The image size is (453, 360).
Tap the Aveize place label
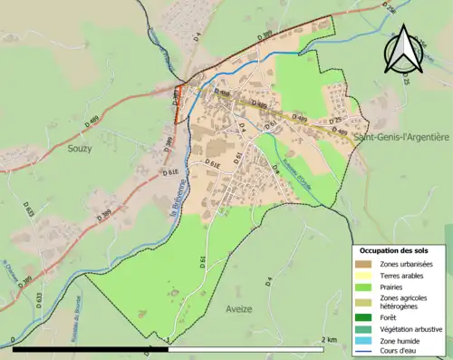coord(238,309)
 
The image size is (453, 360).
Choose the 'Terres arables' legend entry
coord(400,275)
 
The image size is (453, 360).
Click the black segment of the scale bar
coord(91,347)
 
